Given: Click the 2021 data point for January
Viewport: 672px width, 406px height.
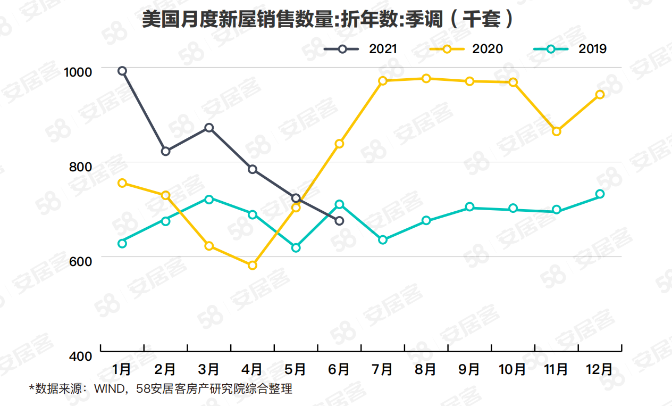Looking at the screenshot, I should tap(122, 71).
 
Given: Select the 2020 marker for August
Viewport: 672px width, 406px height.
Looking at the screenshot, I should tap(426, 79).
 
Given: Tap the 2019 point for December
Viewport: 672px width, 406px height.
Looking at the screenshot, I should tap(600, 194).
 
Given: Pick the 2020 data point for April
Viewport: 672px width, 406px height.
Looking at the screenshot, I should tap(253, 265).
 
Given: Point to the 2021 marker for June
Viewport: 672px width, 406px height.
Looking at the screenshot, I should tap(339, 221).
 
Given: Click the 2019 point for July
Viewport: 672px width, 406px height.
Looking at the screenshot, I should tap(383, 240).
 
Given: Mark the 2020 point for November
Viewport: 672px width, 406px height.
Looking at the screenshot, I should tap(557, 131).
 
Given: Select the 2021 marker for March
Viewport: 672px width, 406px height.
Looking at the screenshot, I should tap(209, 128).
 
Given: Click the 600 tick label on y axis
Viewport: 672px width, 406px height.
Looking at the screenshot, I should tap(81, 261).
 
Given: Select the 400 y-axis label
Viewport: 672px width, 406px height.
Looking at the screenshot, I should tap(81, 355).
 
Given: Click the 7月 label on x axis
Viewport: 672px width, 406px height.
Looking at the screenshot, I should tap(382, 369).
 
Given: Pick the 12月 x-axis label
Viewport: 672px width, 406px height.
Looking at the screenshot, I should tap(599, 369).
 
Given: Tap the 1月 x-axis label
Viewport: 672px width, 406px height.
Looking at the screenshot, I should tap(122, 369).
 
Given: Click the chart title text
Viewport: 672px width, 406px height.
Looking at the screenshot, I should tap(328, 20).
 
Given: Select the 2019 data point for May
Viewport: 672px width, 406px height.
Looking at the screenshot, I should tap(296, 247).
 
